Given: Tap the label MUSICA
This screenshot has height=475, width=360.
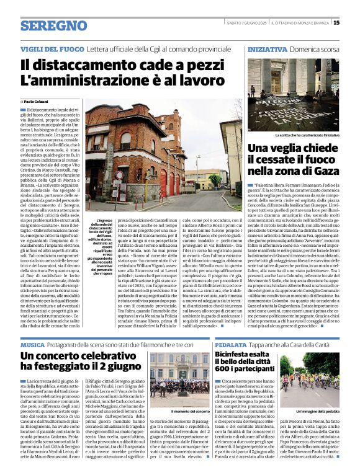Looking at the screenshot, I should click(32, 344).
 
